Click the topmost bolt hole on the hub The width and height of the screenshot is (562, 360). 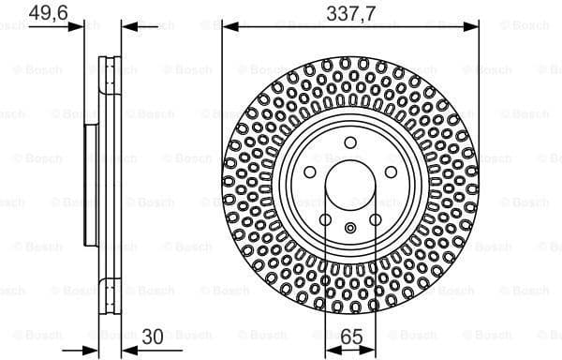pyautogui.click(x=349, y=142)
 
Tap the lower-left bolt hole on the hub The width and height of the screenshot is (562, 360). pyautogui.click(x=325, y=219)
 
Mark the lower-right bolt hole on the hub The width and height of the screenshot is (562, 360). pyautogui.click(x=375, y=219)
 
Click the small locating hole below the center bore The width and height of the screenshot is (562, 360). pyautogui.click(x=349, y=227)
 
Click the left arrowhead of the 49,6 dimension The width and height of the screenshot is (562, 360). pyautogui.click(x=78, y=25)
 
